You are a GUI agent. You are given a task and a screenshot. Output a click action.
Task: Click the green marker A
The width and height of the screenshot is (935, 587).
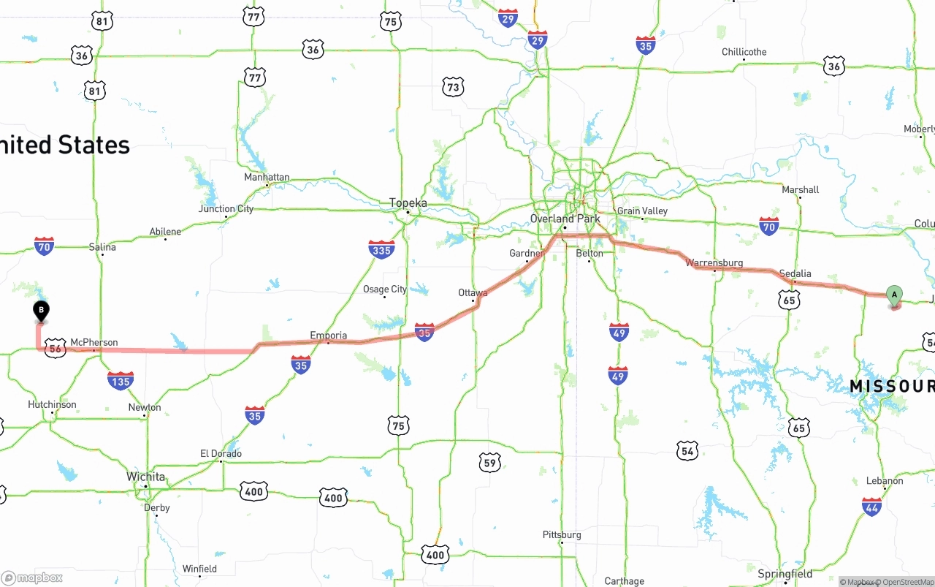[x=894, y=296]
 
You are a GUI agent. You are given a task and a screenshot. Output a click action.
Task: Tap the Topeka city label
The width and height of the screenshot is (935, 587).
[x=408, y=202]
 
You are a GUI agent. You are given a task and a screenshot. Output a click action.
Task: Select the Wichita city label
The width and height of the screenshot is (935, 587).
[x=146, y=477]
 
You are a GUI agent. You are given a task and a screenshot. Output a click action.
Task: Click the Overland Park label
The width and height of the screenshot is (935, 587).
[x=565, y=219]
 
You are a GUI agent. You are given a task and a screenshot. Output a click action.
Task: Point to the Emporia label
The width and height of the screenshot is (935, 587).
[x=328, y=336]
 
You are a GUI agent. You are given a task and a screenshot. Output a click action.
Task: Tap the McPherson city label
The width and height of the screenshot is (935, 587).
[x=94, y=342]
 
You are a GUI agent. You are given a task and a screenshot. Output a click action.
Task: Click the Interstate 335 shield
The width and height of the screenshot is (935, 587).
[x=381, y=249]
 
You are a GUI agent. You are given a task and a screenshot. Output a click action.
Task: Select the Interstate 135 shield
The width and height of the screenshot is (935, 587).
[x=120, y=380]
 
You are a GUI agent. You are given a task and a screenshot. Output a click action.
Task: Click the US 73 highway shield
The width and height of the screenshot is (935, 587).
[x=453, y=88]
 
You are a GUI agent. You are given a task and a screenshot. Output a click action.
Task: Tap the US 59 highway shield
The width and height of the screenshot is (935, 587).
[x=490, y=462]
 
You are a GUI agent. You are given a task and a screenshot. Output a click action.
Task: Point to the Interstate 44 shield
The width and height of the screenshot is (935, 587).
[x=871, y=507]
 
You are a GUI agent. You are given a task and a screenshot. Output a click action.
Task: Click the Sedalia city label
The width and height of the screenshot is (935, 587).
[x=795, y=274]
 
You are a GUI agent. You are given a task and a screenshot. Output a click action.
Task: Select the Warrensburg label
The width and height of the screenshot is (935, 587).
[x=714, y=262]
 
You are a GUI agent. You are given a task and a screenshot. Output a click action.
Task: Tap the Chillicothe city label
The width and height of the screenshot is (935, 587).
[x=744, y=52]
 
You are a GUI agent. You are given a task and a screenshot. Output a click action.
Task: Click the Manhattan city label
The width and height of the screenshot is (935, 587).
[x=267, y=177]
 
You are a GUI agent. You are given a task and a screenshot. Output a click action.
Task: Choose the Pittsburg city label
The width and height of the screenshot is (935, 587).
[x=562, y=534]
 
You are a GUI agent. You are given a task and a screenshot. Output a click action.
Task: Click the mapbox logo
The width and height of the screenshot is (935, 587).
[x=32, y=577]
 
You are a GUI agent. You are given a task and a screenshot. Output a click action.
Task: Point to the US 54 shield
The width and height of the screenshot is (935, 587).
[x=687, y=451]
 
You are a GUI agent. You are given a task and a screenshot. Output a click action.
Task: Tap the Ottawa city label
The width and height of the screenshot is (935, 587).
[x=473, y=292]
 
